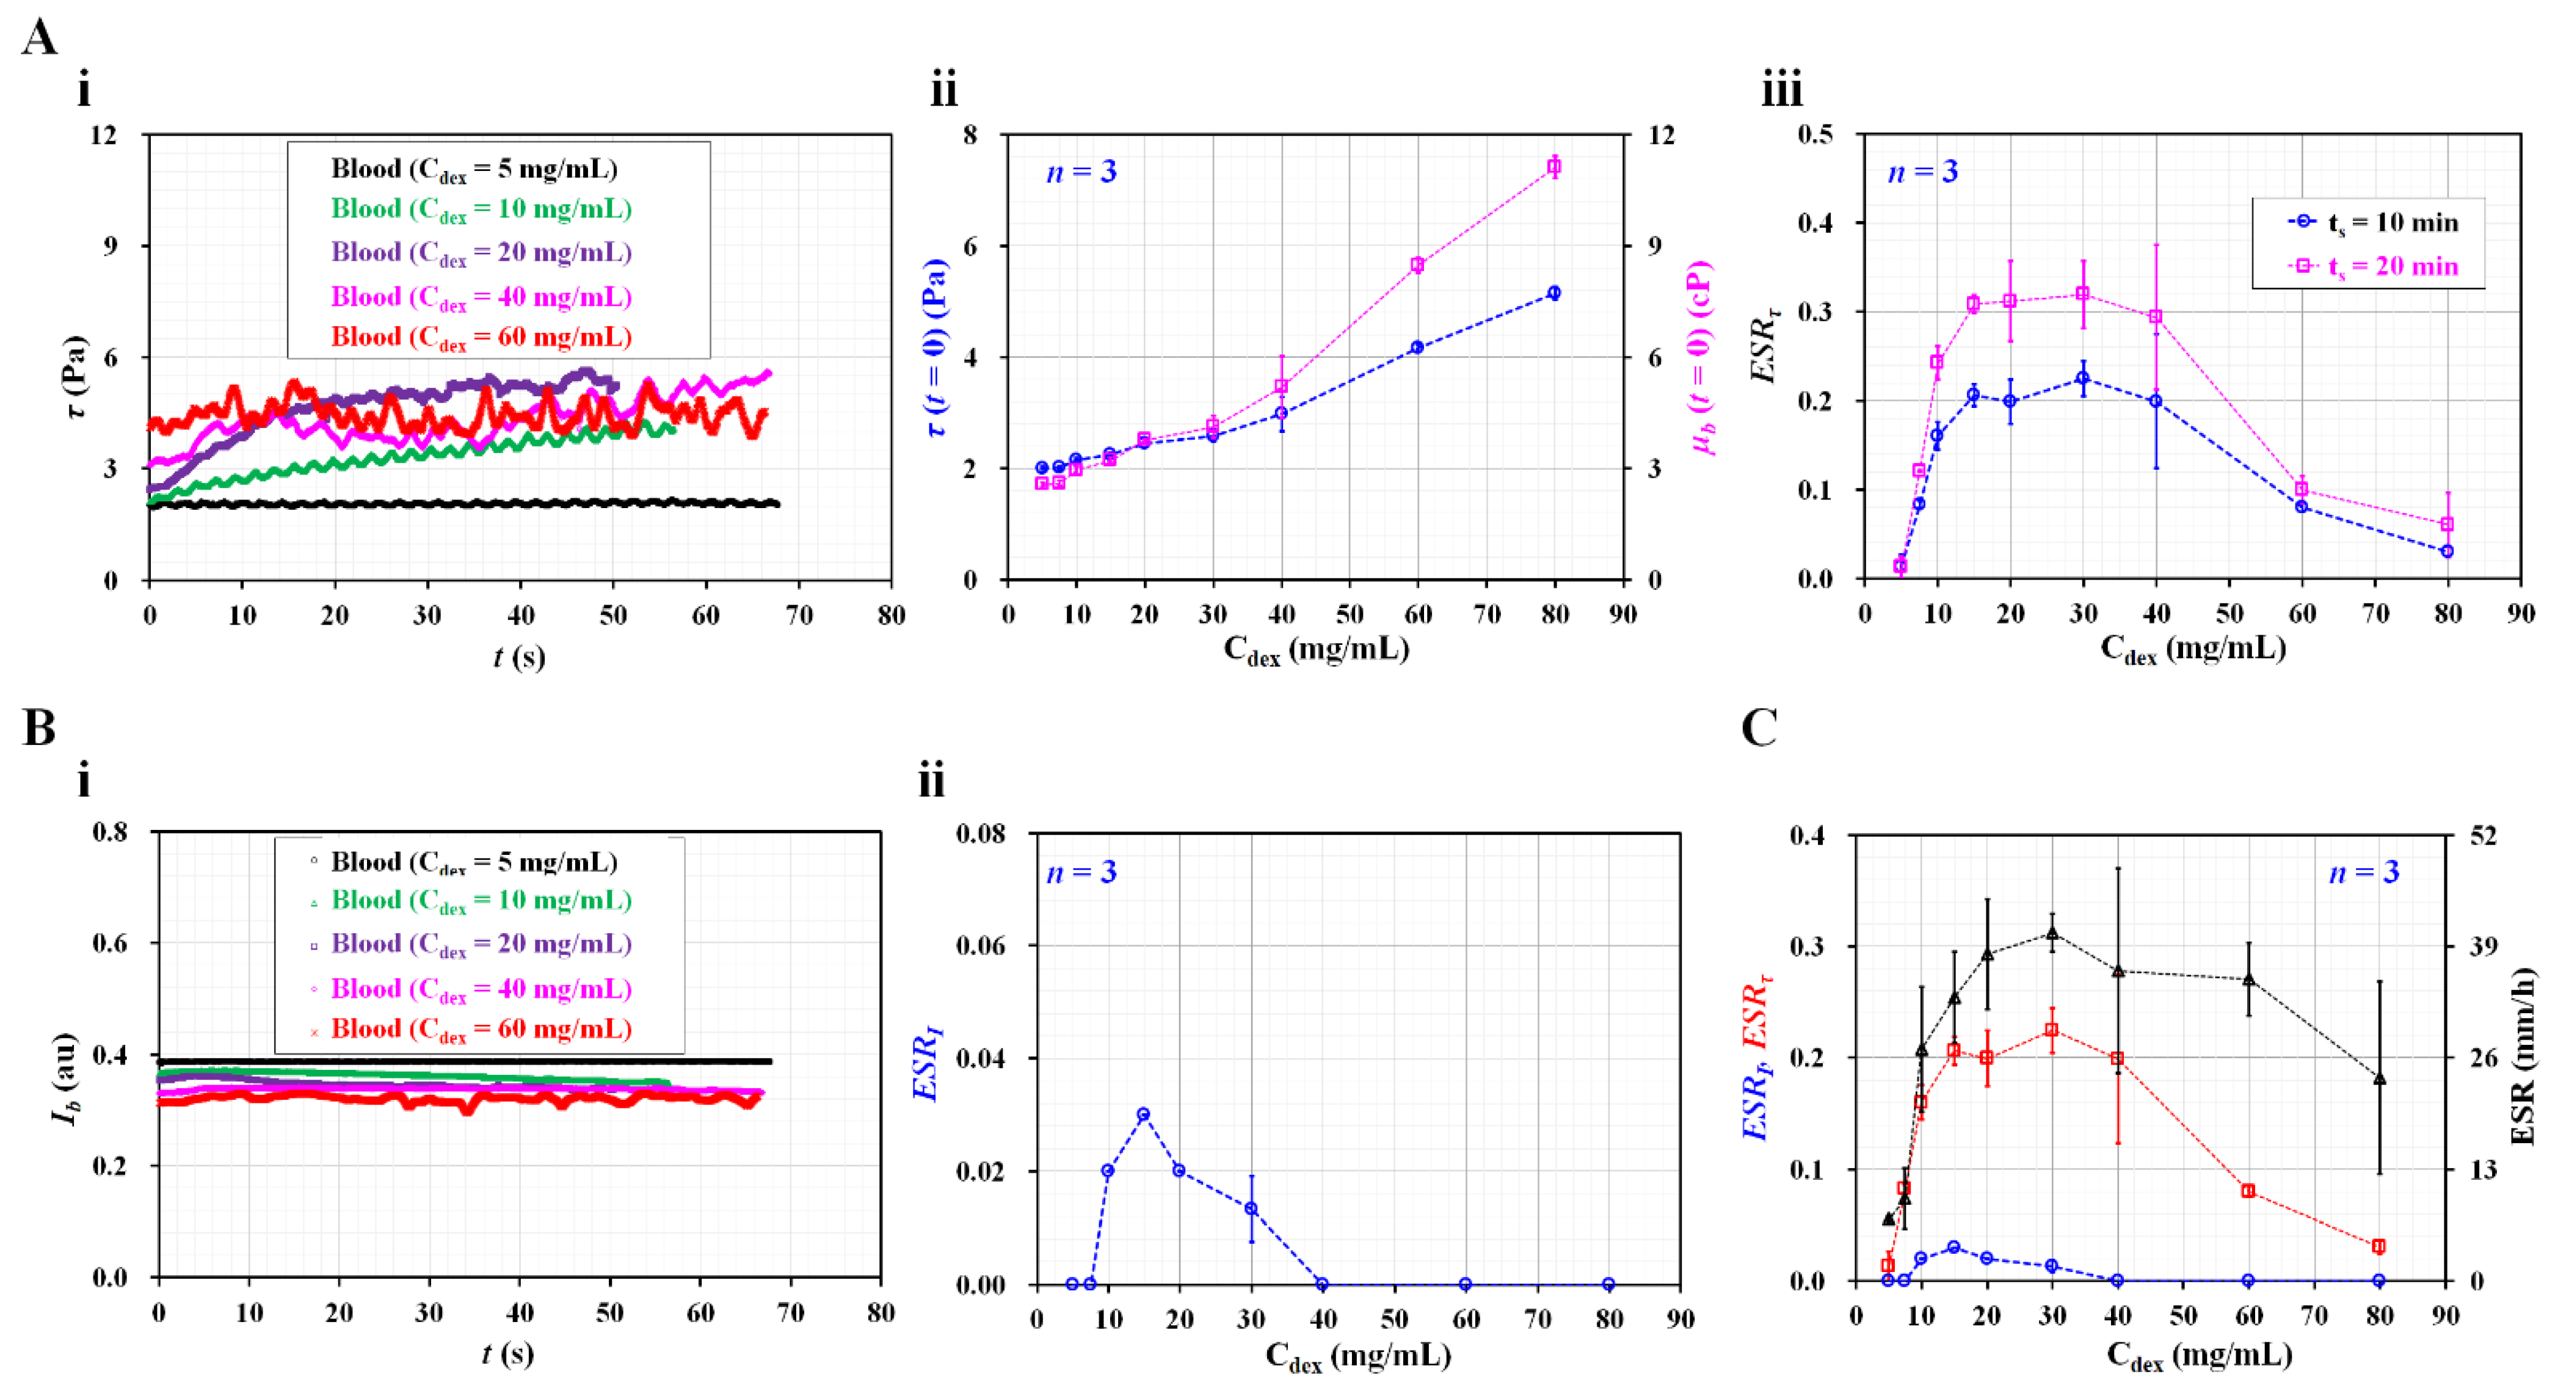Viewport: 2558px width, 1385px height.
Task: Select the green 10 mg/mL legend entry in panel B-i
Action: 481,901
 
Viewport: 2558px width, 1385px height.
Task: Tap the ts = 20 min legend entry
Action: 2374,267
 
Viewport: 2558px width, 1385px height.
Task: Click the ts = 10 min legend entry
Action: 2374,222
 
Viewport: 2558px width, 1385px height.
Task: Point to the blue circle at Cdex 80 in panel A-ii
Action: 1554,293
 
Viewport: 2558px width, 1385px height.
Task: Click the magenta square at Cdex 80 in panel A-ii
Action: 1554,167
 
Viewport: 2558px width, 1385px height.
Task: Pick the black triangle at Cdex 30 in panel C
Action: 2052,933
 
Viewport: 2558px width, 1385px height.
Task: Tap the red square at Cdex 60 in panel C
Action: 2248,1190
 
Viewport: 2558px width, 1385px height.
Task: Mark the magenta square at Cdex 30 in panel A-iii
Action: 2084,294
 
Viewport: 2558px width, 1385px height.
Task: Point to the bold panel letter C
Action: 1759,728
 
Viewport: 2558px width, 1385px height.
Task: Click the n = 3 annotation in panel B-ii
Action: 1081,871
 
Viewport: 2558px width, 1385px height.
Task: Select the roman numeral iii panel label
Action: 1782,92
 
